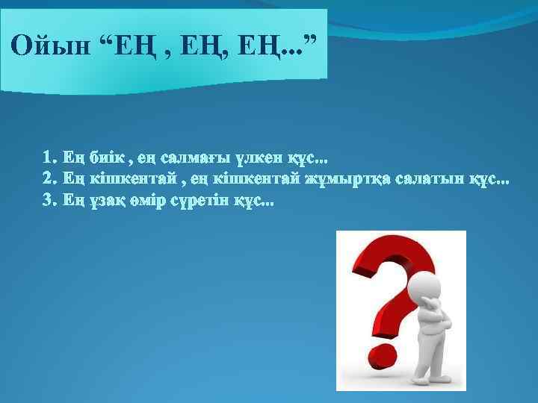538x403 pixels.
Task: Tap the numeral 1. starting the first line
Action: pos(49,158)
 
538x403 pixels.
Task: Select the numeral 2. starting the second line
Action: pos(49,179)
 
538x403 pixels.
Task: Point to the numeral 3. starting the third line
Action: pos(49,200)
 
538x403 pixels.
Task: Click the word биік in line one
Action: pos(105,158)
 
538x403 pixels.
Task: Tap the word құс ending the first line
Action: pos(306,158)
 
